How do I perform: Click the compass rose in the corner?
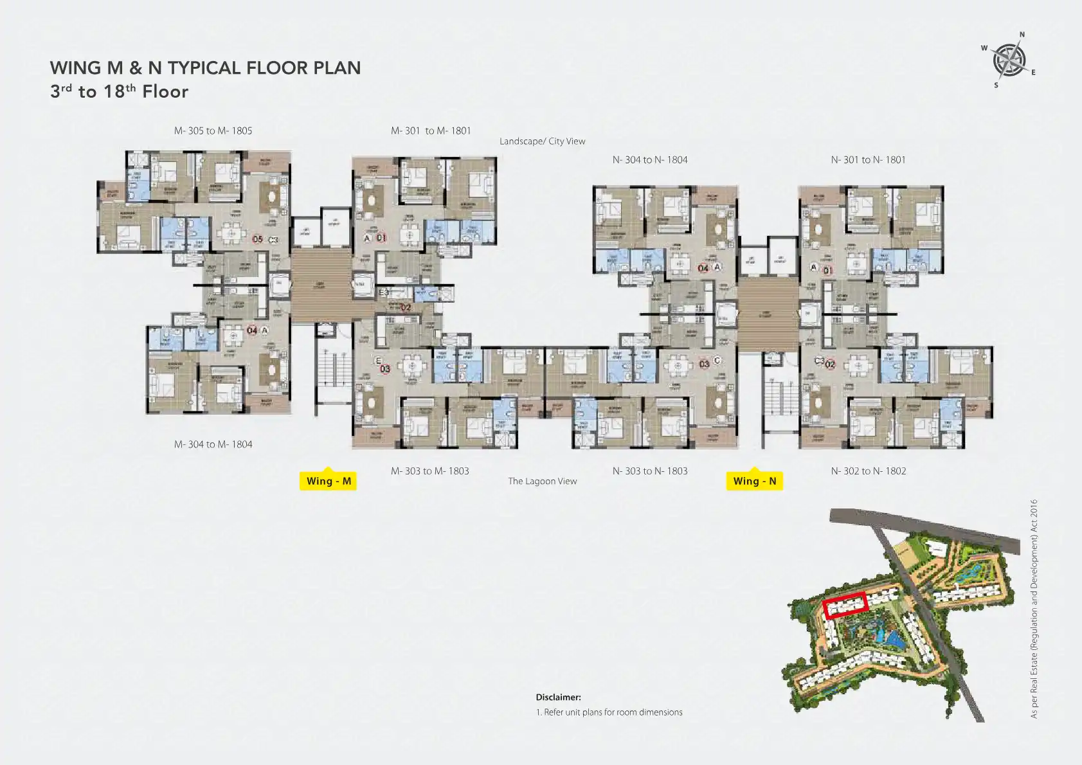pyautogui.click(x=1009, y=60)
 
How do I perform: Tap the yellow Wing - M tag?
pyautogui.click(x=328, y=481)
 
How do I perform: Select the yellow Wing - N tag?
pyautogui.click(x=754, y=481)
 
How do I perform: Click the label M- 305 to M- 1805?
pyautogui.click(x=213, y=130)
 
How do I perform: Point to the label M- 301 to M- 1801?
pyautogui.click(x=431, y=130)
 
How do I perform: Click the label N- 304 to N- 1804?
pyautogui.click(x=649, y=159)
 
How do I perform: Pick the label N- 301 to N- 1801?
pyautogui.click(x=868, y=159)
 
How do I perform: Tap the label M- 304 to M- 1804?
pyautogui.click(x=213, y=444)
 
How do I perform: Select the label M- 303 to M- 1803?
pyautogui.click(x=429, y=471)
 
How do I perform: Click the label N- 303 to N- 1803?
pyautogui.click(x=649, y=471)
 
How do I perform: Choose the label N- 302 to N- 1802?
pyautogui.click(x=868, y=471)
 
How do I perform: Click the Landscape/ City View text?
pyautogui.click(x=542, y=141)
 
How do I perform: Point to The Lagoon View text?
pyautogui.click(x=542, y=481)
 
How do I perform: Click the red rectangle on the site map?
pyautogui.click(x=846, y=606)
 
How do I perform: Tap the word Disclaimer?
pyautogui.click(x=558, y=697)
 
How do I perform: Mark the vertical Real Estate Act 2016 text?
pyautogui.click(x=1034, y=608)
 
